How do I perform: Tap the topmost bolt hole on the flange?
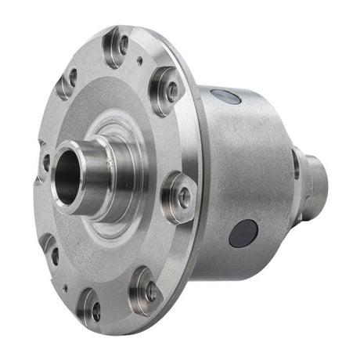(x=122, y=44)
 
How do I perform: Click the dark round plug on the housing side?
(x=243, y=233)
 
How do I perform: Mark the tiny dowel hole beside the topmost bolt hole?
(x=139, y=59)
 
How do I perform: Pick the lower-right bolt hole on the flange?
(x=149, y=290)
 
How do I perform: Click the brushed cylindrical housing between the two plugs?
(x=235, y=164)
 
